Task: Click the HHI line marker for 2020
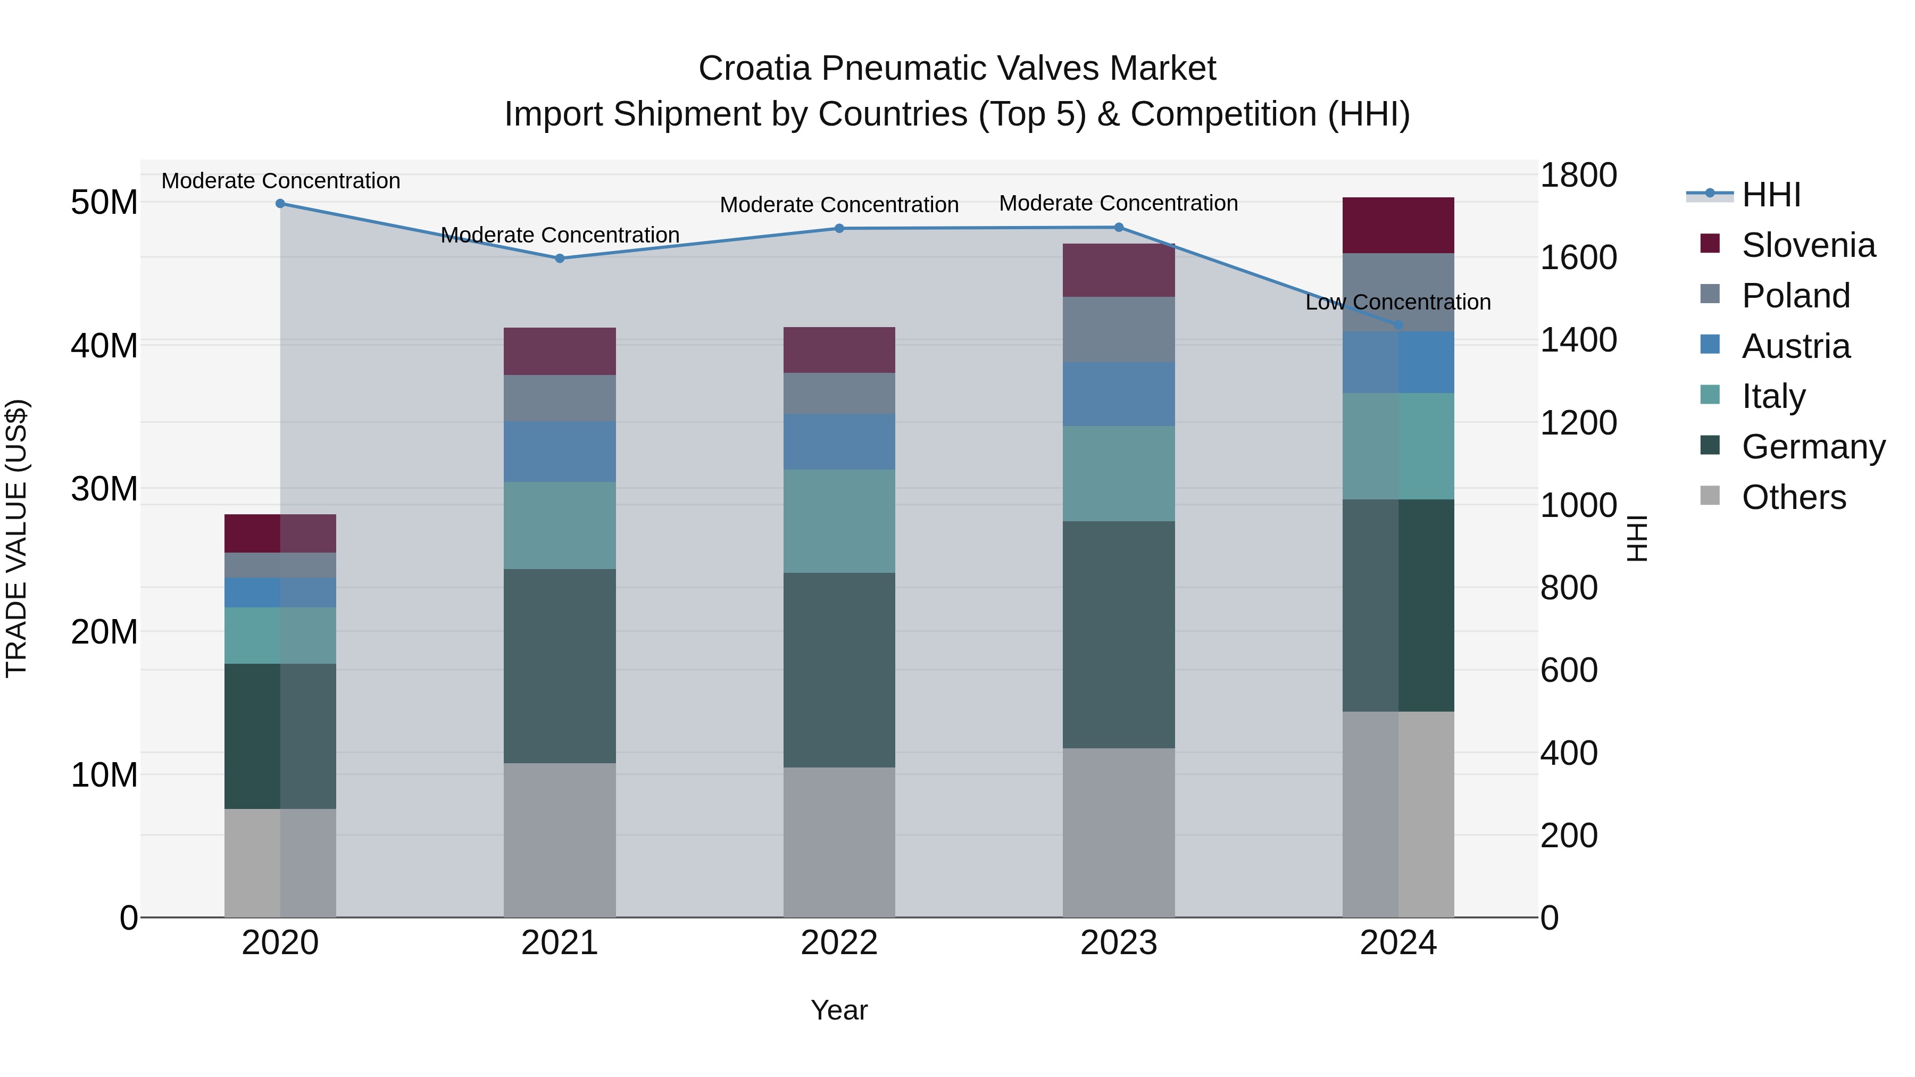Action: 280,204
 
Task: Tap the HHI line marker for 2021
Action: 560,258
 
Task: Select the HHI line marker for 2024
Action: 1398,325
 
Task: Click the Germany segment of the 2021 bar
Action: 560,666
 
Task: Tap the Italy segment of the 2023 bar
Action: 1119,473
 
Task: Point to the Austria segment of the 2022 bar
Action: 839,441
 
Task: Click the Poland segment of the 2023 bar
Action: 1119,329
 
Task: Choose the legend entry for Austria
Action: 1795,346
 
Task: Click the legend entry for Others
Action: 1793,497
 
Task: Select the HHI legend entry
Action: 1771,195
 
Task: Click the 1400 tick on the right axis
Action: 1578,340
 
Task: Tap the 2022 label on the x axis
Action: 839,943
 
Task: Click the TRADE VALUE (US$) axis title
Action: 16,538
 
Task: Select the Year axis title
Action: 839,1010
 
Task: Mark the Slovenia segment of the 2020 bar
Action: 280,533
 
